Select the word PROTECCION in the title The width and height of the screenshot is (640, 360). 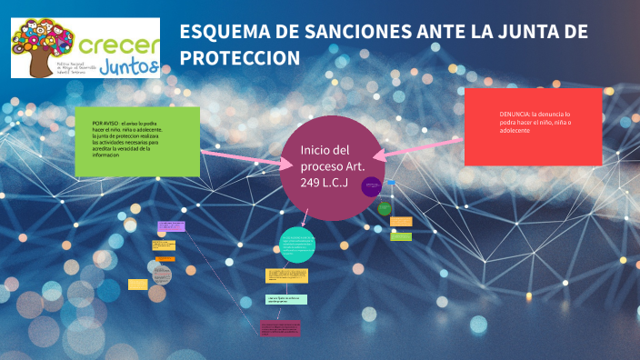tap(240, 57)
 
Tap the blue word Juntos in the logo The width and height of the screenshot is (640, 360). tap(129, 66)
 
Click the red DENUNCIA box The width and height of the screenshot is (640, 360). tap(533, 127)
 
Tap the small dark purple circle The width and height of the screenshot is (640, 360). tap(371, 187)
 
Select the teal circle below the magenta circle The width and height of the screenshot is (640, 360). tap(297, 245)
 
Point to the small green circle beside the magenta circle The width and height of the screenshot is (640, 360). tap(385, 208)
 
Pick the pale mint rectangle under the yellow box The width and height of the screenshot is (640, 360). tap(286, 299)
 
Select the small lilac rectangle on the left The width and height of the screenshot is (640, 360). tap(171, 226)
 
